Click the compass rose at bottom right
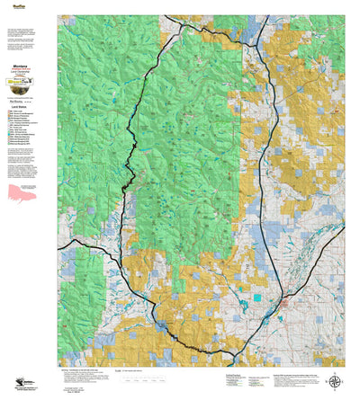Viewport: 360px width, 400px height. click(x=336, y=380)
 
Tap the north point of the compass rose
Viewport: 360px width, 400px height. click(x=336, y=372)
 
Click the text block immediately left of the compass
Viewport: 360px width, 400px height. click(x=297, y=381)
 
